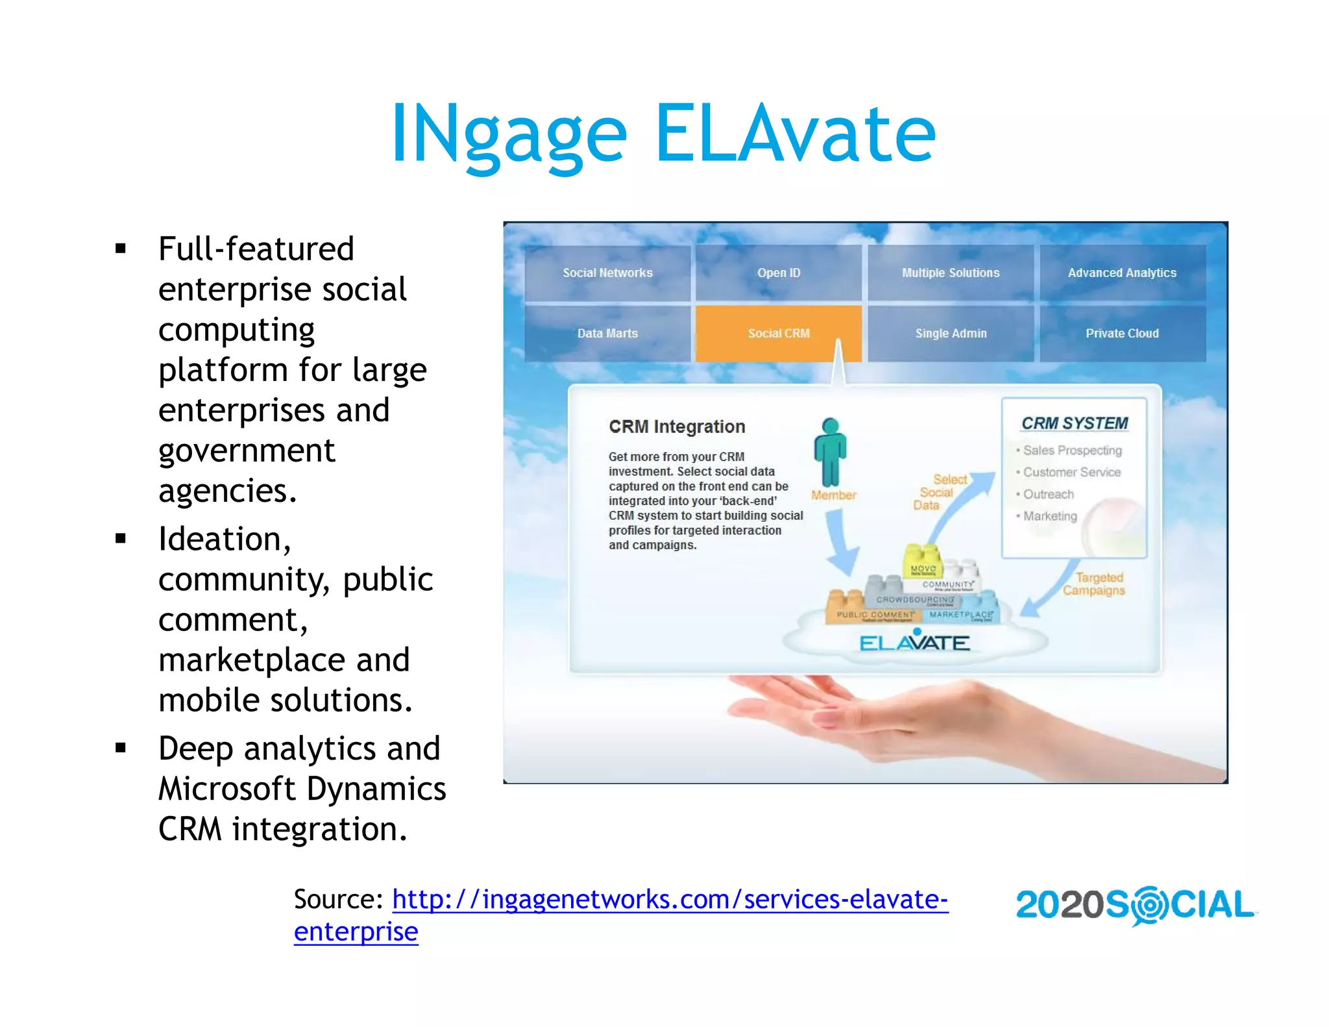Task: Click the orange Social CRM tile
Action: click(778, 333)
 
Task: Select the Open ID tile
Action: click(778, 273)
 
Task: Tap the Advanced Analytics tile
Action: click(1122, 273)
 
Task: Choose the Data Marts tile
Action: click(607, 333)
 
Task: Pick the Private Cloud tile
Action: click(1122, 333)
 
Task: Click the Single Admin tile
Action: click(951, 333)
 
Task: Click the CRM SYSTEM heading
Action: click(1075, 423)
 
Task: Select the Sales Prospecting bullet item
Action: click(1072, 450)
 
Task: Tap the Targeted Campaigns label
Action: click(1095, 584)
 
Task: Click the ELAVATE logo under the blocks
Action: click(914, 643)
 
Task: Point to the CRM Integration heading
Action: click(677, 427)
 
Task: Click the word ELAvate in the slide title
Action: click(796, 134)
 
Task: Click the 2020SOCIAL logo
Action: click(1135, 905)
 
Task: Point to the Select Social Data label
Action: click(938, 492)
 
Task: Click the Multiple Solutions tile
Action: click(951, 273)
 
